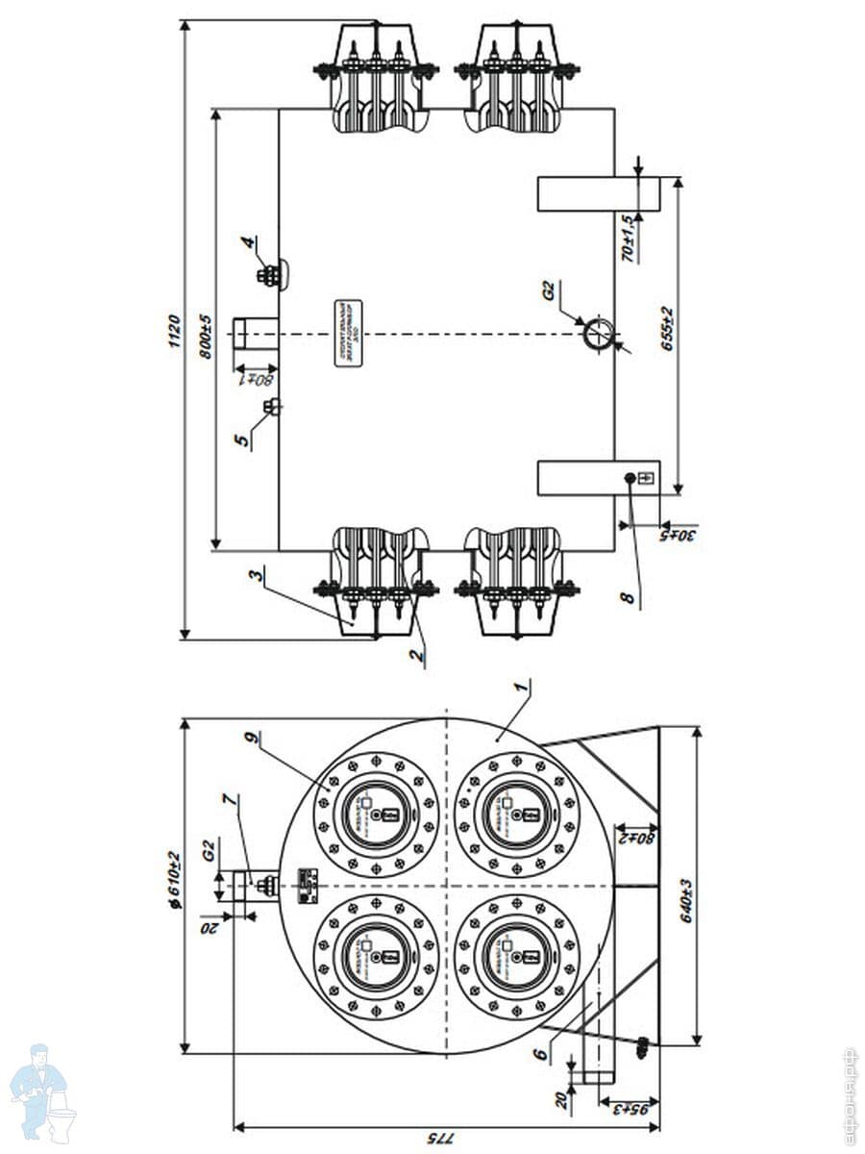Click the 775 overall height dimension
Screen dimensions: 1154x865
click(x=433, y=1138)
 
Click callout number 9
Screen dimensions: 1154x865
click(x=251, y=740)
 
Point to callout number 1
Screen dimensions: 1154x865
click(x=520, y=688)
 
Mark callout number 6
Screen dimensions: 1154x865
click(x=542, y=1054)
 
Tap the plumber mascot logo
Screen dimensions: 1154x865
click(x=42, y=1091)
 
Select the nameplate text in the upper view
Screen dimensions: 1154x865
click(x=347, y=332)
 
